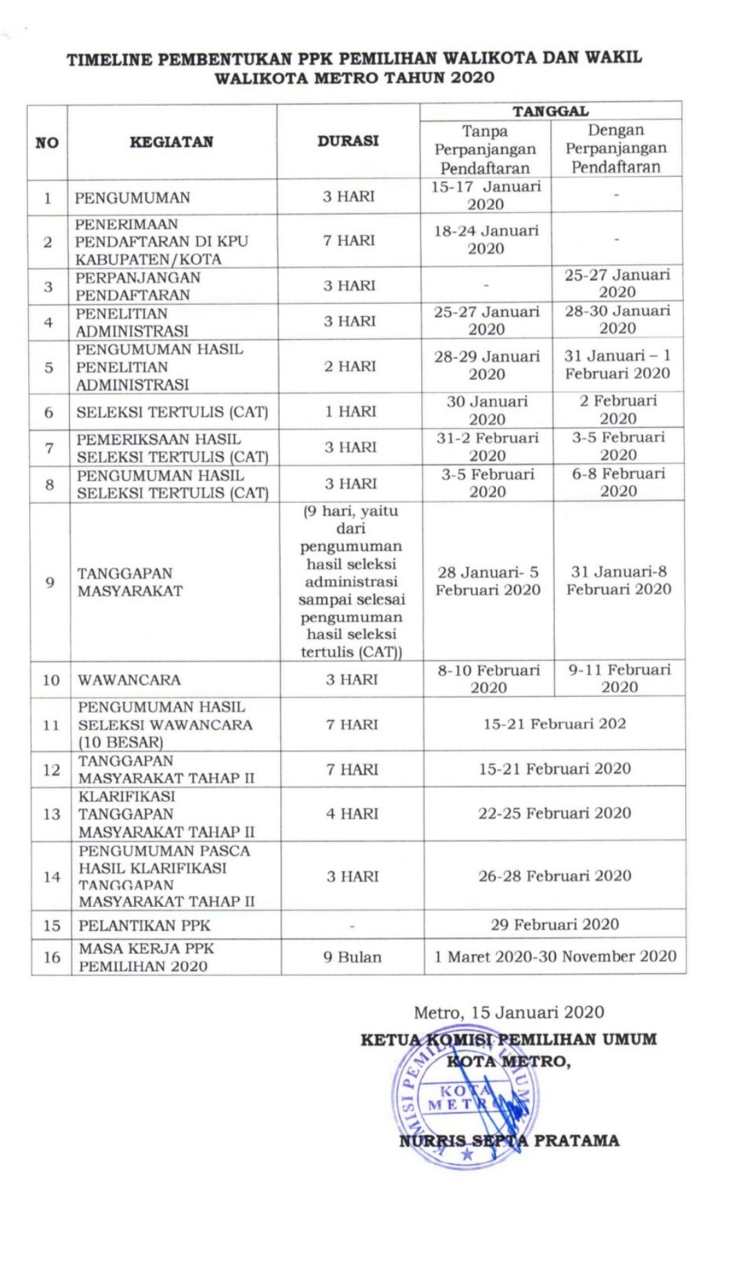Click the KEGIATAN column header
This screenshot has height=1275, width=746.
coord(171,142)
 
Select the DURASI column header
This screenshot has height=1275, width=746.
coord(348,141)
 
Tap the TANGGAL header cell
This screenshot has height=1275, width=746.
coord(550,111)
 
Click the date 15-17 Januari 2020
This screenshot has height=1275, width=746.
coord(486,195)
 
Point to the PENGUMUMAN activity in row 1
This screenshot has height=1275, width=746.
coord(133,198)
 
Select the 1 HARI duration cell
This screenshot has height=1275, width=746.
coord(350,412)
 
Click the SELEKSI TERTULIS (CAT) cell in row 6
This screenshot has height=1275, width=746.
coord(172,412)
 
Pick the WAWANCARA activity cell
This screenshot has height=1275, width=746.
coord(129,680)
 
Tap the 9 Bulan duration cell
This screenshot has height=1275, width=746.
coord(352,957)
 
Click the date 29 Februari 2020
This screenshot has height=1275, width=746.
coord(555,925)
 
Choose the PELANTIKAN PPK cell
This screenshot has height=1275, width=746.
coord(144,926)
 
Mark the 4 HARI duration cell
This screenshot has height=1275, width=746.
coord(352,814)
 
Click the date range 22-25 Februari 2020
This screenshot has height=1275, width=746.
coord(555,813)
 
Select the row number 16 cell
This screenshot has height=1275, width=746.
coord(52,957)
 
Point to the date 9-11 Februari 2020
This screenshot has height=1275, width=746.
coord(619,678)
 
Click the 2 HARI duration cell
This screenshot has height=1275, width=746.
coord(350,366)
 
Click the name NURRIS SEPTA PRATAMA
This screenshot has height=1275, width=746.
coord(509,1141)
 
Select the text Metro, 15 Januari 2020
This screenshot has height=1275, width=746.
coord(508,1013)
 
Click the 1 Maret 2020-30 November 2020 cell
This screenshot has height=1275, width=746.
coord(555,957)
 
